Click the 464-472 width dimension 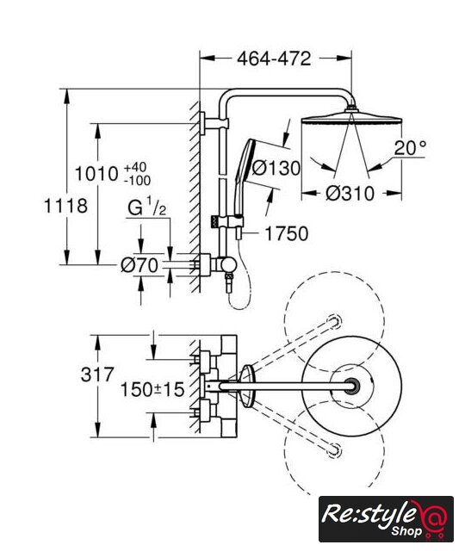pos(274,59)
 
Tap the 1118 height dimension pos(65,206)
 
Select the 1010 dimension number pos(96,174)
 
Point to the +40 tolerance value pos(135,167)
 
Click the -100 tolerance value pos(137,180)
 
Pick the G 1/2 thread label pos(147,207)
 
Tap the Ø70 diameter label pos(139,265)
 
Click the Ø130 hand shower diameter pos(276,168)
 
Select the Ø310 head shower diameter pos(350,193)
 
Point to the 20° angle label pos(410,148)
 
